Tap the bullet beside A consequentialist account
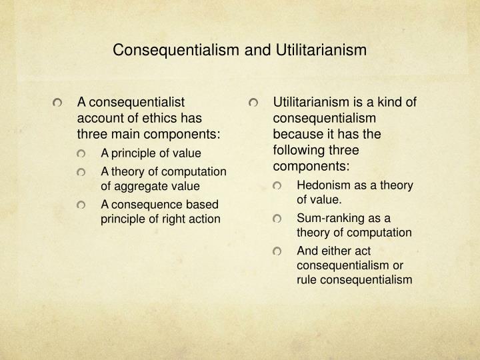coord(58,103)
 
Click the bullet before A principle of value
coord(81,153)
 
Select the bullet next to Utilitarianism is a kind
coord(253,103)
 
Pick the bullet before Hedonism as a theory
coord(277,185)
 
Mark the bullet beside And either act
coord(277,251)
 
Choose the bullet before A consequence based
coord(81,204)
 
